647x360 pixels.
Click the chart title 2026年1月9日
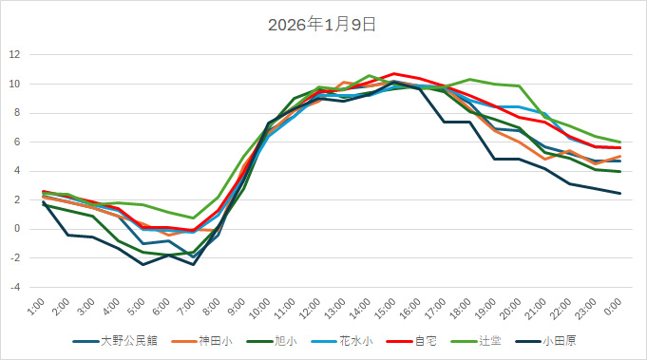tap(323, 25)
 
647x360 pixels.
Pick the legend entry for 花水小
tap(350, 340)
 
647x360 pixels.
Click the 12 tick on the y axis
tap(15, 54)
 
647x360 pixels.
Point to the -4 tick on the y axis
tap(15, 287)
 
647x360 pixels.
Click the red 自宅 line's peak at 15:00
tap(394, 73)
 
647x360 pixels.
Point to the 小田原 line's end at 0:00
tap(620, 193)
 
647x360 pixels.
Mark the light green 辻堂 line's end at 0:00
tap(620, 142)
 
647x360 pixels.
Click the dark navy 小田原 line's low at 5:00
tap(143, 264)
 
